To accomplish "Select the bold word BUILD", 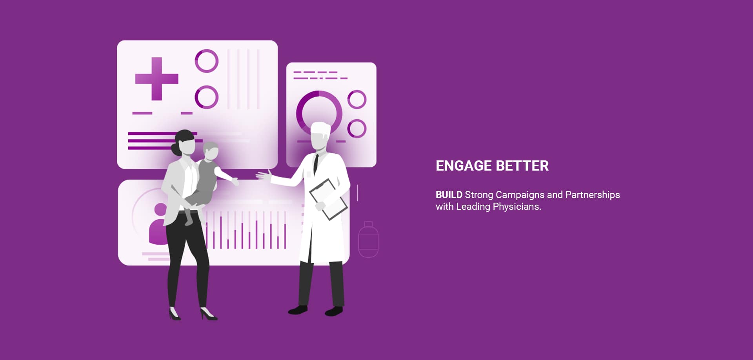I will [449, 195].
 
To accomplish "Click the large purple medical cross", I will [156, 79].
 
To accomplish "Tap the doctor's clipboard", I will [328, 199].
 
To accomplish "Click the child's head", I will [211, 151].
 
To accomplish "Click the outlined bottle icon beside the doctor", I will [368, 240].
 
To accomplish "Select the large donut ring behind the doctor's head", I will [319, 113].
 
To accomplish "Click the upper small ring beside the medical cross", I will [206, 61].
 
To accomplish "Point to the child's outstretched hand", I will [235, 182].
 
